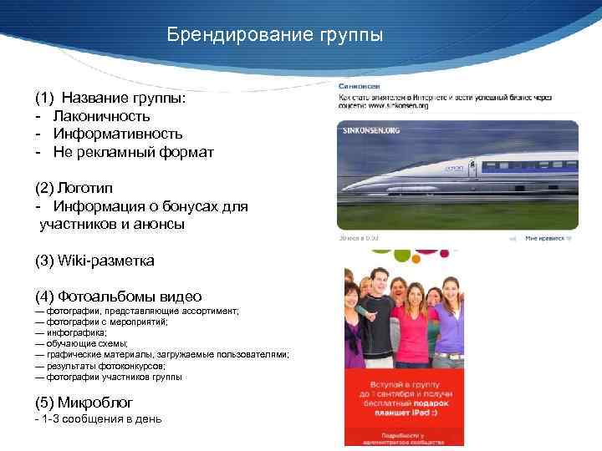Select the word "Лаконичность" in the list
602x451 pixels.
click(102, 115)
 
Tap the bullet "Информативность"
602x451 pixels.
click(118, 134)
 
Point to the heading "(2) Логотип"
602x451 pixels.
click(75, 188)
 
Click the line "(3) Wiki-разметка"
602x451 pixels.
click(94, 261)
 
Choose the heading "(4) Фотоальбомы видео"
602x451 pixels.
click(118, 296)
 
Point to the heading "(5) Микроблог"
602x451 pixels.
click(84, 401)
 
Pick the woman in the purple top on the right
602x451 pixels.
click(451, 322)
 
